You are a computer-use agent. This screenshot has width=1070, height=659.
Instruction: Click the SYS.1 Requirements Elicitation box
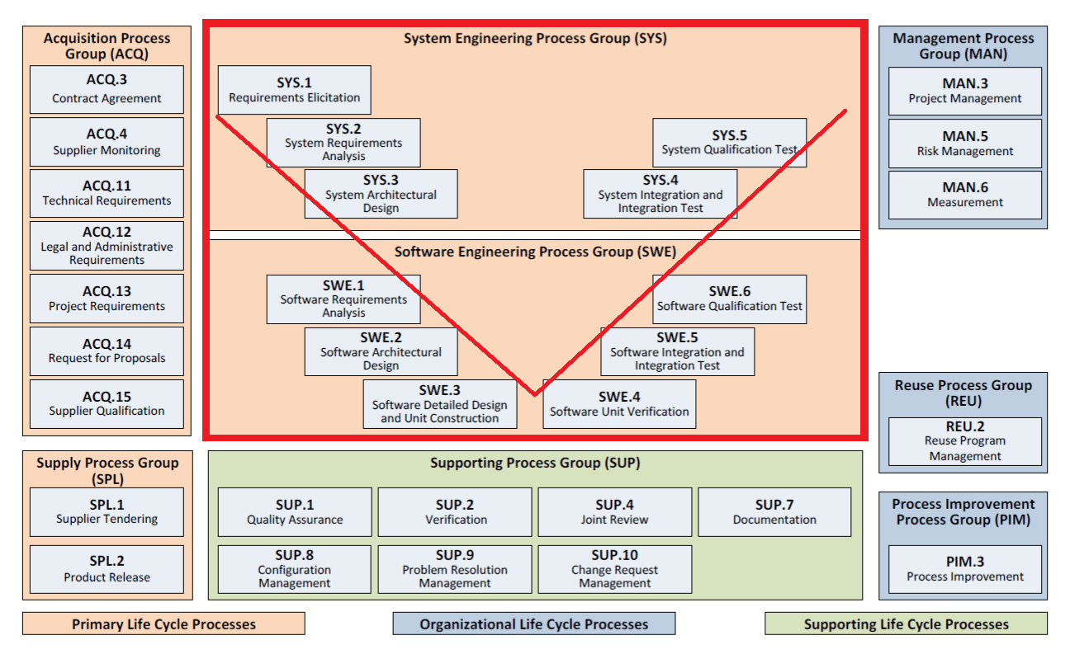click(x=294, y=90)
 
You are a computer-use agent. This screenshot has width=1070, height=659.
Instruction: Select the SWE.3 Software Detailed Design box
click(x=439, y=403)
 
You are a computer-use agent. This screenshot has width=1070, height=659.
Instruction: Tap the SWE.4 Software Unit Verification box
click(x=619, y=403)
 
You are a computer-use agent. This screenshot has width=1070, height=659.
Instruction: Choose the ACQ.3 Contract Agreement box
click(x=107, y=89)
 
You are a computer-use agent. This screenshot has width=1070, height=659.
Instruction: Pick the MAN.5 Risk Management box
click(x=964, y=143)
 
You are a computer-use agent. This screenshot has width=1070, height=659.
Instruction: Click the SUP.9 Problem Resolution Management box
click(x=455, y=568)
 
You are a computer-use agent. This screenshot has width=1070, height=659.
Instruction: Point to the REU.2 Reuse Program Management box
click(x=964, y=441)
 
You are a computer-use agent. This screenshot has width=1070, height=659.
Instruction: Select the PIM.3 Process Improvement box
click(x=964, y=568)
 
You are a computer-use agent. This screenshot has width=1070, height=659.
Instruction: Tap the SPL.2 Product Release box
click(x=107, y=568)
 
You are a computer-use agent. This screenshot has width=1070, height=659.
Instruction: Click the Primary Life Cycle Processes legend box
click(x=163, y=624)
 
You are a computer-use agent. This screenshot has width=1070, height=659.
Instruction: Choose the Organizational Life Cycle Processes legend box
click(x=533, y=624)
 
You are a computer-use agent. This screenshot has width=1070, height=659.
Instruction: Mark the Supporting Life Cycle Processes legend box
click(x=906, y=624)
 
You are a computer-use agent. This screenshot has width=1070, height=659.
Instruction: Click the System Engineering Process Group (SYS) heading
click(x=534, y=39)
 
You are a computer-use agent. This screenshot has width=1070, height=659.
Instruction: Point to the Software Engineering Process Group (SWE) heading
click(x=534, y=252)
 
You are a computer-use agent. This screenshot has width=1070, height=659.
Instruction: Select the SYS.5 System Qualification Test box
click(x=729, y=143)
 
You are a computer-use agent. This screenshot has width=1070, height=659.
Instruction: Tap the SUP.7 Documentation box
click(x=774, y=511)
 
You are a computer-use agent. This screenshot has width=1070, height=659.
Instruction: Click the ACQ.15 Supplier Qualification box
click(x=107, y=403)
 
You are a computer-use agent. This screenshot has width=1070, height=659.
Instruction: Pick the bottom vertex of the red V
click(x=534, y=394)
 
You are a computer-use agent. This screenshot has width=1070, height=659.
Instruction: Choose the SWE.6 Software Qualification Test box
click(x=729, y=299)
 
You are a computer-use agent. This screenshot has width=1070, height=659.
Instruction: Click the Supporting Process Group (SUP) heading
click(x=534, y=464)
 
